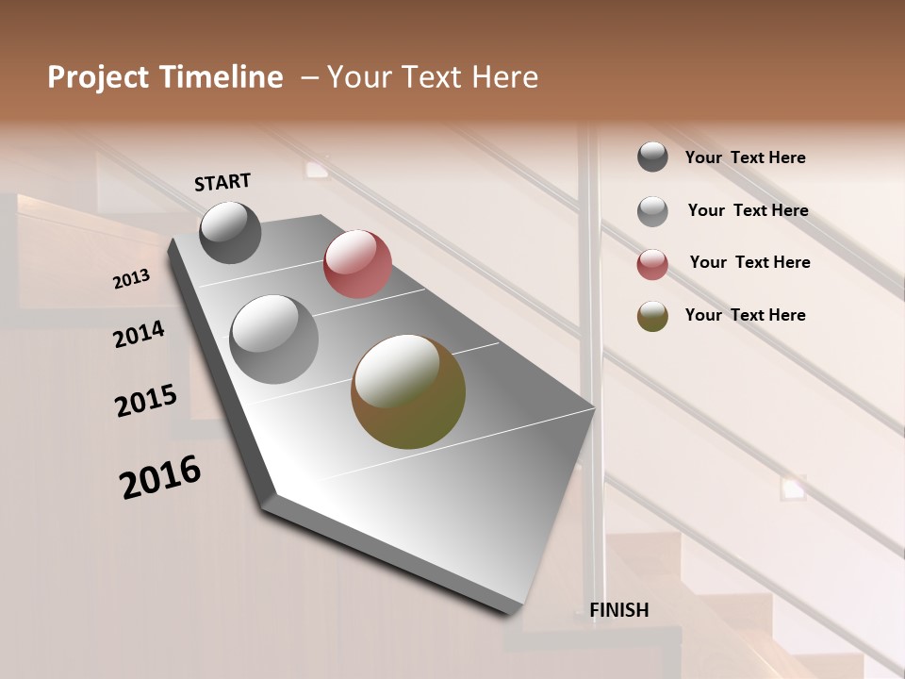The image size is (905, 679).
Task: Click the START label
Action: [x=222, y=182]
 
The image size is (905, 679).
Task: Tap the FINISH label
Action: [x=618, y=610]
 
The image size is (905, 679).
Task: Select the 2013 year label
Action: [x=131, y=279]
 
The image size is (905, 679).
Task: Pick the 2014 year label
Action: [x=139, y=335]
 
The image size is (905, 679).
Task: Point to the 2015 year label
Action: [x=146, y=401]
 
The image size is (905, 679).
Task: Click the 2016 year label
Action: [x=160, y=477]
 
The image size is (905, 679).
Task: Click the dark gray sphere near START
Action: [x=230, y=232]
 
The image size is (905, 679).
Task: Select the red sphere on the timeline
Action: [x=357, y=264]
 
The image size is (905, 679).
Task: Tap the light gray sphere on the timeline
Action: [x=274, y=339]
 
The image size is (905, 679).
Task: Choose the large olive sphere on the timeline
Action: [x=408, y=391]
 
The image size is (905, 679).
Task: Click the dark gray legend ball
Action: [x=652, y=157]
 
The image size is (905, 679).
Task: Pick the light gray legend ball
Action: [x=652, y=210]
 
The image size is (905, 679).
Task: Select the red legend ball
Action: [x=652, y=263]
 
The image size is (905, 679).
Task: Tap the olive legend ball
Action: [x=652, y=315]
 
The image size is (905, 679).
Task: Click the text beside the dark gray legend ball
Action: [x=745, y=157]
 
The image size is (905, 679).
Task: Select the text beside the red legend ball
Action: [x=749, y=262]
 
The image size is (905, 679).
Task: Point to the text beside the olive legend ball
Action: [x=745, y=315]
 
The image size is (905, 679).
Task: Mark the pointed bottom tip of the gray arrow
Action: [x=515, y=611]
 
